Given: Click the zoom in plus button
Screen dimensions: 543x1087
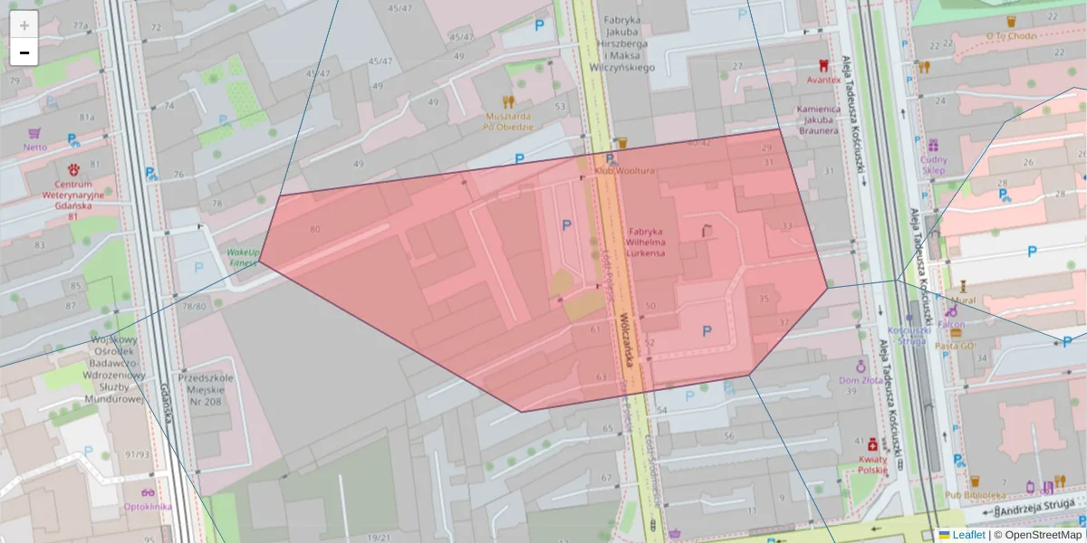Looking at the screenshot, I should point(24,25).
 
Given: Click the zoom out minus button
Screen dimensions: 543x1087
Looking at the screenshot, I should point(24,52).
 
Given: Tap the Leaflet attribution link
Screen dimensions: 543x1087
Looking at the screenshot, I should point(967,535).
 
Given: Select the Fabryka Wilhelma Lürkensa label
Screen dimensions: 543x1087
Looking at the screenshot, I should point(646,243).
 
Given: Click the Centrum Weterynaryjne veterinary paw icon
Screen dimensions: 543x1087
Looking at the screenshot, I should point(73,169).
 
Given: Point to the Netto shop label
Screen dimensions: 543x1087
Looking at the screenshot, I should point(35,147).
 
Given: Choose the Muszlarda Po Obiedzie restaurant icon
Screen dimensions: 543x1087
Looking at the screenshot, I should point(508,101).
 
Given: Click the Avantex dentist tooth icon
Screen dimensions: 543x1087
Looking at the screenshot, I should point(823,65).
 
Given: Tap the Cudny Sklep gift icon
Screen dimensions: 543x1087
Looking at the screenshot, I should point(933,145).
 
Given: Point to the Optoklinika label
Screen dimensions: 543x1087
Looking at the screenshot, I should point(148,506).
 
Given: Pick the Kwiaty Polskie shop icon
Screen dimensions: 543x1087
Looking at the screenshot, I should point(872,444).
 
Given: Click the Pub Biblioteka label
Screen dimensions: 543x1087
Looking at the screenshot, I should point(976,495).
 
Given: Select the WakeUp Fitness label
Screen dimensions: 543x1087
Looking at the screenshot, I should point(243,257).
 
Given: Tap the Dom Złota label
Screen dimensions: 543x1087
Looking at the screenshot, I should point(861,381).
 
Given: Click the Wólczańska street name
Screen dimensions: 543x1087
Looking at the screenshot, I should point(627,344).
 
